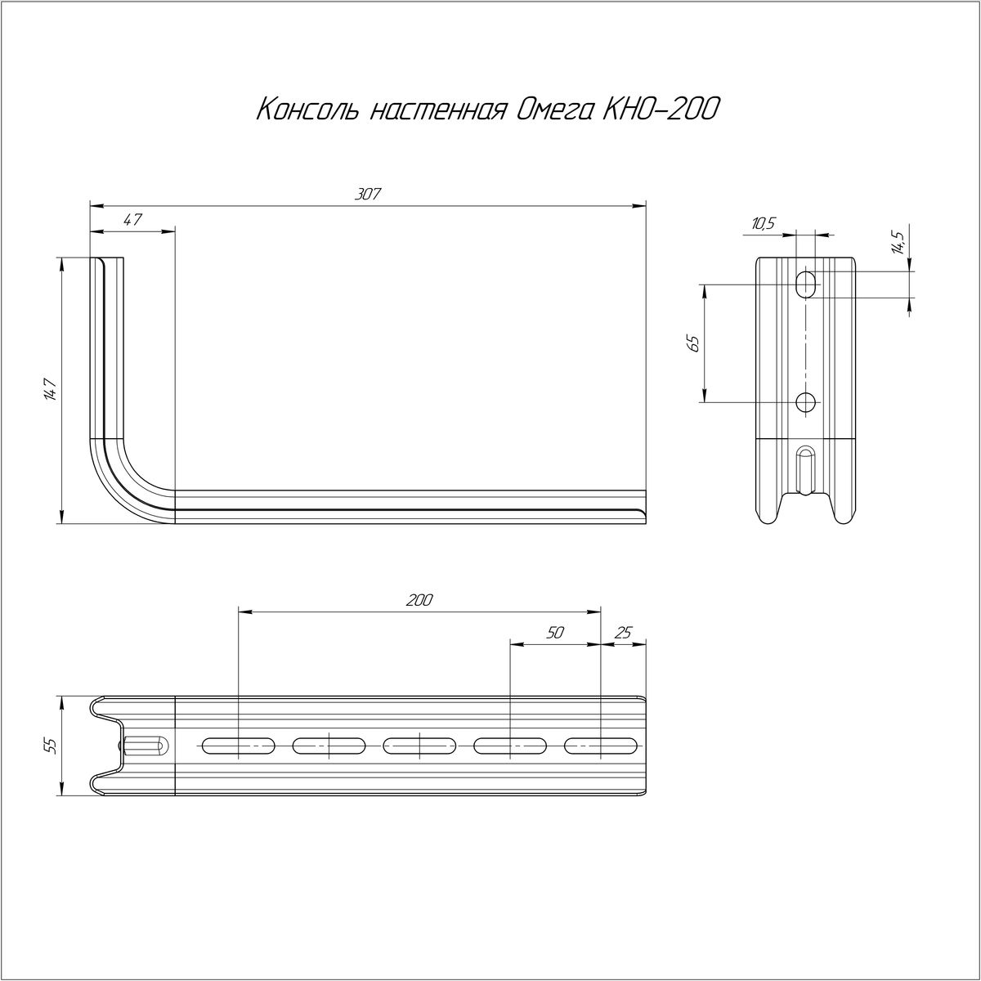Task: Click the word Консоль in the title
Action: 307,110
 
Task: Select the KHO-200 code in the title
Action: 661,110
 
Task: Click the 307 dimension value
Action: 368,194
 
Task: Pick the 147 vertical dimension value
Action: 51,390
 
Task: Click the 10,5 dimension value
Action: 763,223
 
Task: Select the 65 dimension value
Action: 693,343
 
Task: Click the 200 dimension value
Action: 419,600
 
